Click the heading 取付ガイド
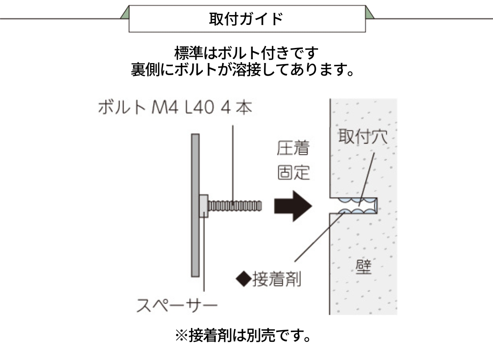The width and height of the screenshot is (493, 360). click(x=246, y=19)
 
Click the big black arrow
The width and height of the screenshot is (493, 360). click(x=293, y=206)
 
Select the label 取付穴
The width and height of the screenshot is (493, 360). click(x=362, y=137)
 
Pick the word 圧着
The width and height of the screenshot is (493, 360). click(x=293, y=149)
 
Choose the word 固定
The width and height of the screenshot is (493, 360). click(x=293, y=172)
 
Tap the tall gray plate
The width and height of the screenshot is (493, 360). click(x=195, y=205)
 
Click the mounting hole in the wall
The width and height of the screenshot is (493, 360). click(x=355, y=206)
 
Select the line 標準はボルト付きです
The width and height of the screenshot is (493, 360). click(x=246, y=53)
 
